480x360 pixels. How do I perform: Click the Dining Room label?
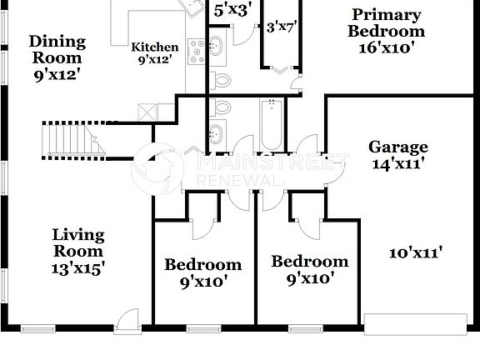coord(57,50)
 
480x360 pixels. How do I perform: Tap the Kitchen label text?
coord(154,47)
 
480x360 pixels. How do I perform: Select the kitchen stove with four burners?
coord(196,52)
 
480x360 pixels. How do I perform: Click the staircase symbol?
coord(73,137)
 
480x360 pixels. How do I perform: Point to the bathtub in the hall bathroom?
coord(272,125)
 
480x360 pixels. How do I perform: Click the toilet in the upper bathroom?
coord(222,80)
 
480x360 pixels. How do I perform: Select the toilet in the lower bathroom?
coord(222,107)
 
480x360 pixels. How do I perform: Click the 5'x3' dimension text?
coord(232,11)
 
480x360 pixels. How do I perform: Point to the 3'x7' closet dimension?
coord(282,25)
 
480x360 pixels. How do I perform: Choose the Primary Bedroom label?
coord(387,23)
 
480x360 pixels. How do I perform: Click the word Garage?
coord(397,147)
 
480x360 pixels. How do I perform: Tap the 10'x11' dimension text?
coord(416,250)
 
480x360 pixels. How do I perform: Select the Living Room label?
coord(77,242)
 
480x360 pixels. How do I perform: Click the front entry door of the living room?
coord(127,318)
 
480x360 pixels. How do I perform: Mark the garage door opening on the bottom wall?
coord(415,323)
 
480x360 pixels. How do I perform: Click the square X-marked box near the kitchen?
coord(149,111)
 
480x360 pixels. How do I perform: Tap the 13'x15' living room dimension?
coord(77,268)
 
